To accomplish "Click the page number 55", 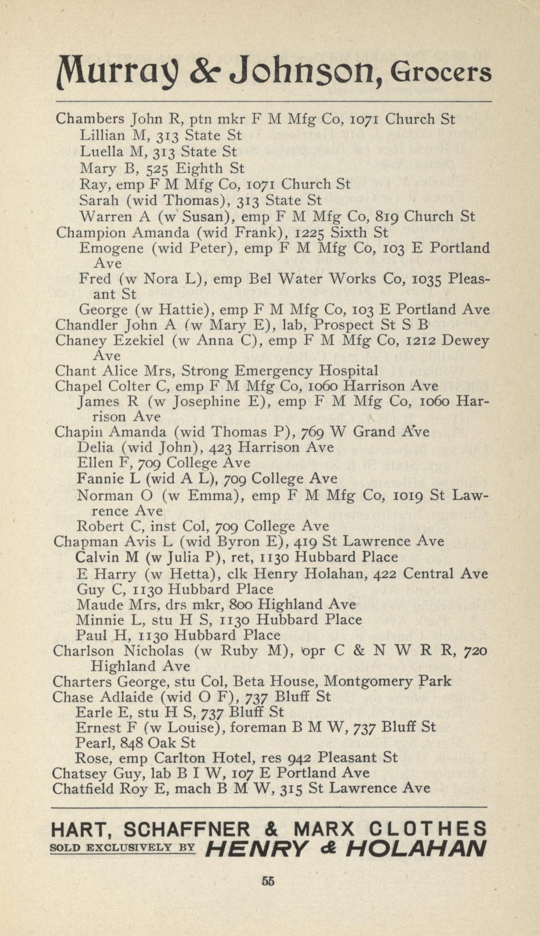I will click(268, 881).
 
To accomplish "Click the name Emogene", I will click(111, 248).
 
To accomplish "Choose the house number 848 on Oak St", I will click(130, 743).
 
